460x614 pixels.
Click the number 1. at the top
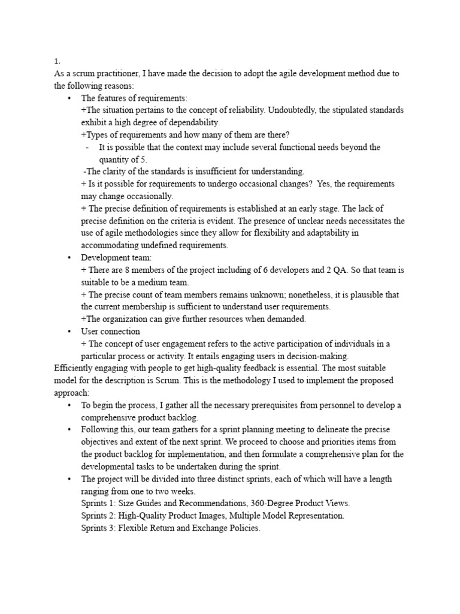[56, 61]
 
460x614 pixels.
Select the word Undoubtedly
[290, 110]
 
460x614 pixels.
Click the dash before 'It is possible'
[88, 147]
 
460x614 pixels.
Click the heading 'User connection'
[110, 331]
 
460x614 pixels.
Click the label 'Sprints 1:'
[98, 502]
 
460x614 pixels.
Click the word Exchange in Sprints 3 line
[213, 527]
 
